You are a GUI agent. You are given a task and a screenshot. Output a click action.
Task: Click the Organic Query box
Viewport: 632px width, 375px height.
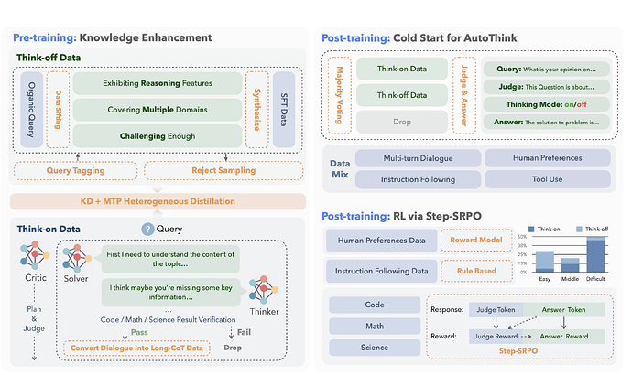[29, 109]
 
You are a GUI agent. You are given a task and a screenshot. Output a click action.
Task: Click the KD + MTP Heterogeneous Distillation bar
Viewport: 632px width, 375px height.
[158, 201]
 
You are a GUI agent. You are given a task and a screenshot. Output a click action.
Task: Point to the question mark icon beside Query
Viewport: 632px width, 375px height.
[147, 230]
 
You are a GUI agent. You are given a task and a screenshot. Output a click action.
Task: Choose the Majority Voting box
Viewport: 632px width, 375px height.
[337, 93]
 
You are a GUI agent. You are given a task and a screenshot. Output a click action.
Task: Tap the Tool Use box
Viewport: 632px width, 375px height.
[547, 179]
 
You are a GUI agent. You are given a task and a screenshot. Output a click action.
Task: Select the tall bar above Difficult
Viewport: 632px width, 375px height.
[594, 255]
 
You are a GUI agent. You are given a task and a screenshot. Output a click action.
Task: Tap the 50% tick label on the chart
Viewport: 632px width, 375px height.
[523, 236]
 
